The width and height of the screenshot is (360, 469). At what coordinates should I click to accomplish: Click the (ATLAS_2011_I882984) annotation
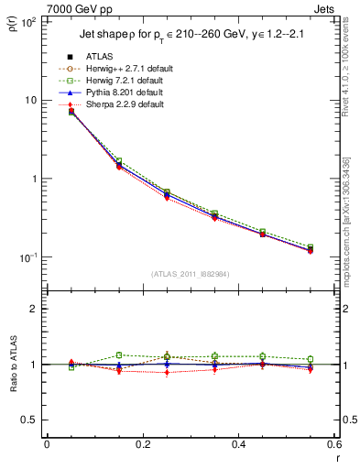(191, 273)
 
